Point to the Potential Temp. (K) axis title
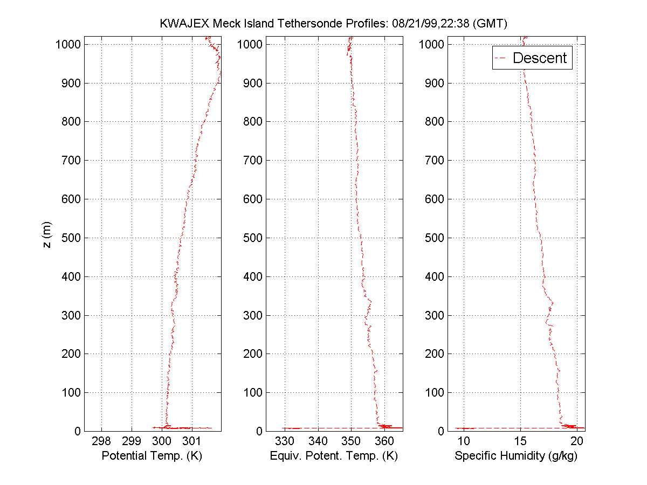pos(152,456)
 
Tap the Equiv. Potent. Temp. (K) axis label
pos(333,456)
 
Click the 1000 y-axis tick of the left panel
pos(68,44)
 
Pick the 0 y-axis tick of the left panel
pos(77,431)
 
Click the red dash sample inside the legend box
pos(502,58)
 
